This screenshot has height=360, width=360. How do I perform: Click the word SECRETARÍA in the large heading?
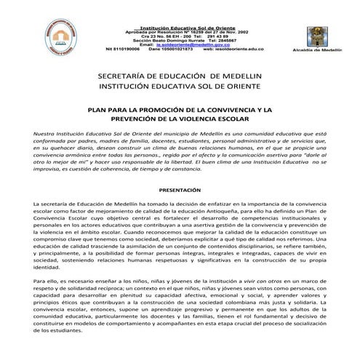click(x=128, y=76)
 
